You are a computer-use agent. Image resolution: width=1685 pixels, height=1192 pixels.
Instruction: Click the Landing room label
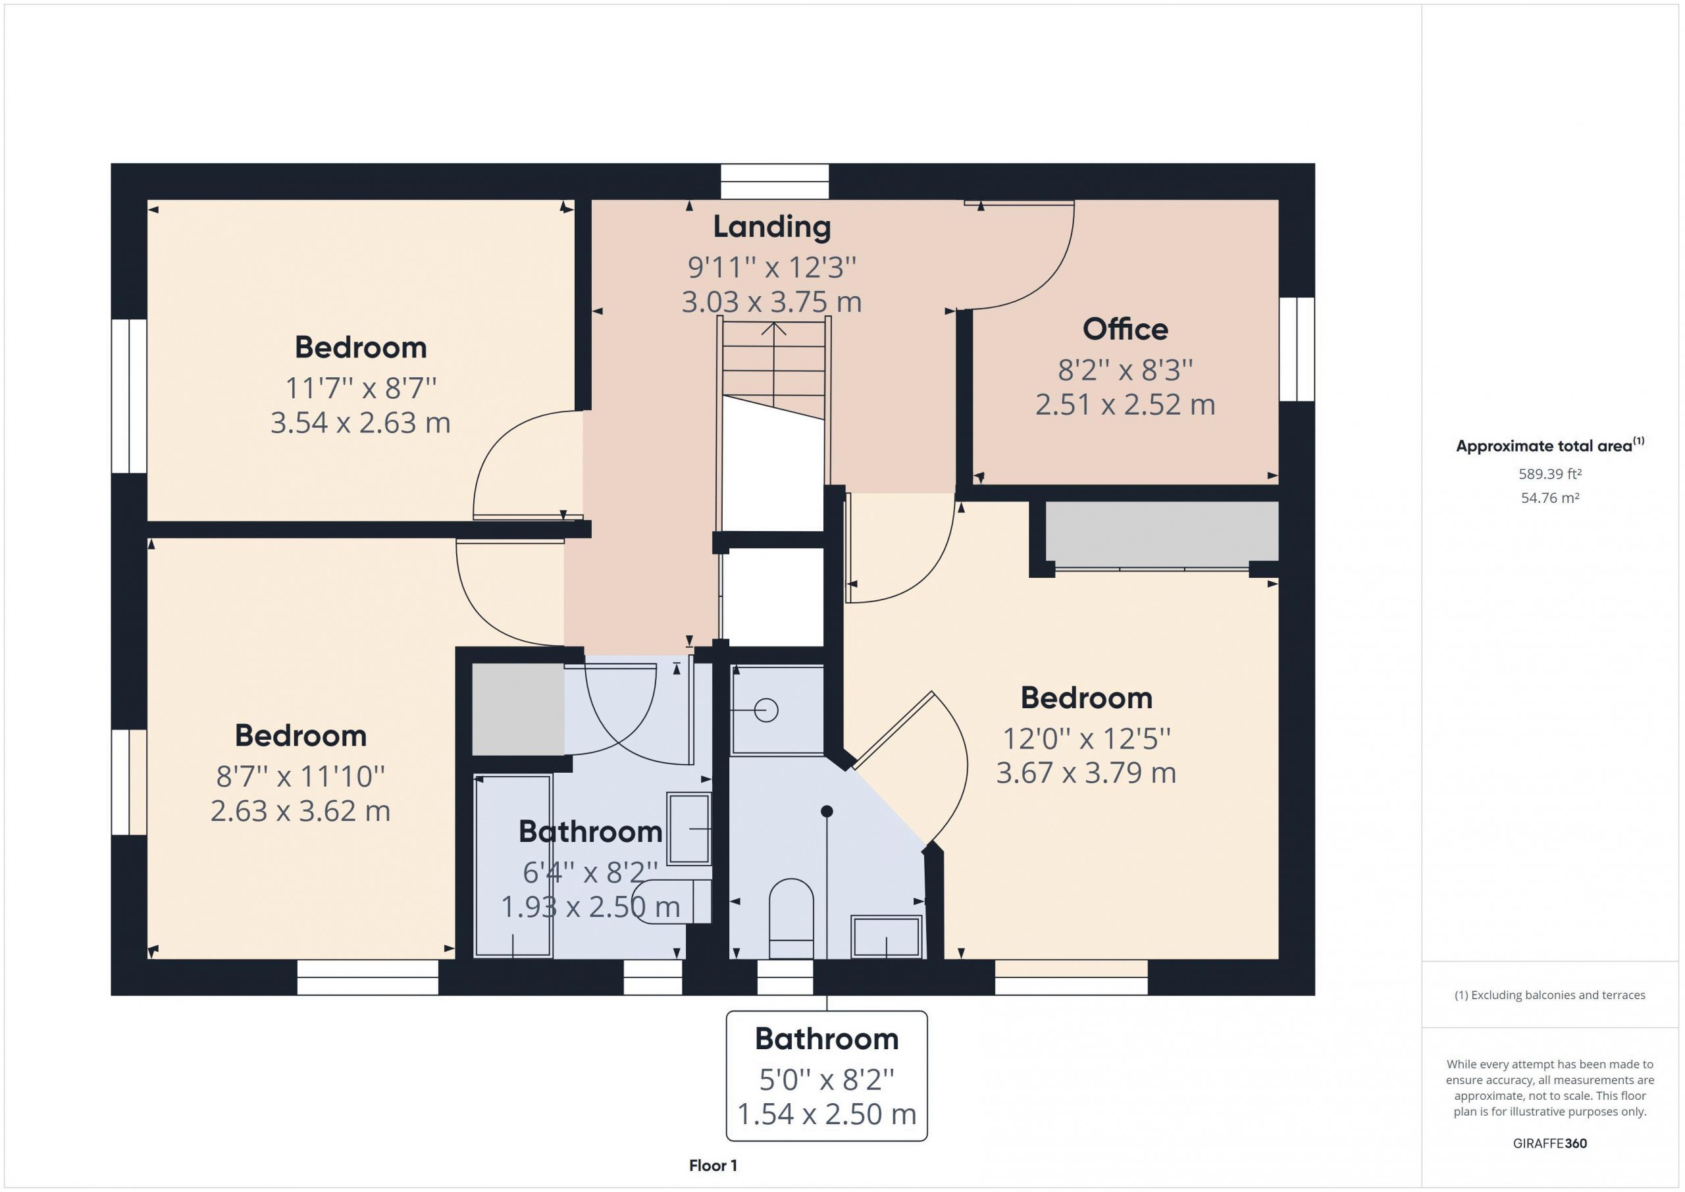pos(772,227)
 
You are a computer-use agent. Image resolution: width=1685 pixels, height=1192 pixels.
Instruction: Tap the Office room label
pos(1125,329)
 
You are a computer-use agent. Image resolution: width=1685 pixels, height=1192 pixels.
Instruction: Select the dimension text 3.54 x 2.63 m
pos(360,423)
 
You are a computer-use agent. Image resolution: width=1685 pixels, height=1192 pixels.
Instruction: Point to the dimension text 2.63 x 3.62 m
pos(300,811)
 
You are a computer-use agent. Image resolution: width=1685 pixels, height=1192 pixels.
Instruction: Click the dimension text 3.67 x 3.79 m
pos(1086,773)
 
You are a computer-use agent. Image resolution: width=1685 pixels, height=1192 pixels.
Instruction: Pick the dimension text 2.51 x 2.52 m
pos(1125,404)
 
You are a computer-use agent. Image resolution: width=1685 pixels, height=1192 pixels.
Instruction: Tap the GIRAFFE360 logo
pos(1550,1143)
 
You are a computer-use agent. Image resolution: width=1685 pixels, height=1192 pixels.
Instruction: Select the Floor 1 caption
pos(713,1166)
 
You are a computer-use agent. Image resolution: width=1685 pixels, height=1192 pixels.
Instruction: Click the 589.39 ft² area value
pos(1550,474)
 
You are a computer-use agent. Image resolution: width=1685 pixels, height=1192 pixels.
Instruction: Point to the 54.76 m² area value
pos(1550,498)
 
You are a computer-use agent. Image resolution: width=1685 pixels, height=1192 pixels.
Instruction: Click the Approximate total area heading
pos(1550,446)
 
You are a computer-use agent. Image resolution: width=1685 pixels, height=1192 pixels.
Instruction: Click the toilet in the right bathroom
pos(791,918)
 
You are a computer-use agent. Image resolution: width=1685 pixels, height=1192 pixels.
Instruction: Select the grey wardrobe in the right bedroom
pos(1162,531)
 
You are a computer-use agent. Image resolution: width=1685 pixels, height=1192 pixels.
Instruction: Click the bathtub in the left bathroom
pos(513,866)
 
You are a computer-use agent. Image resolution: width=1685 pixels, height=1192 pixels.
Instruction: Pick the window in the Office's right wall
pos(1297,350)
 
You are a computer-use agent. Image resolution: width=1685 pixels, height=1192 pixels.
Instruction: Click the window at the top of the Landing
pos(774,181)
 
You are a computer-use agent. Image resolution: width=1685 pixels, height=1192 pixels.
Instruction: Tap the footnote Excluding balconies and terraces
pos(1550,995)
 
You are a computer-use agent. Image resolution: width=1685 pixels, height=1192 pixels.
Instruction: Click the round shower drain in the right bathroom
pos(766,710)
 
